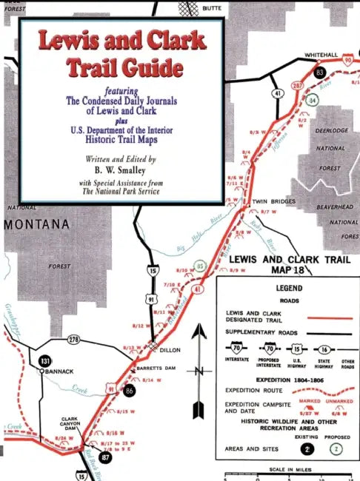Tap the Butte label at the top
tap(212, 6)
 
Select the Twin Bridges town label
tap(274, 201)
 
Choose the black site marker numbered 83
tap(320, 73)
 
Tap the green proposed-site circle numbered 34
tap(313, 100)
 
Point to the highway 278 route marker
tap(73, 339)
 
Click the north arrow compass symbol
tap(199, 370)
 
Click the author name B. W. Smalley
tap(119, 170)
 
